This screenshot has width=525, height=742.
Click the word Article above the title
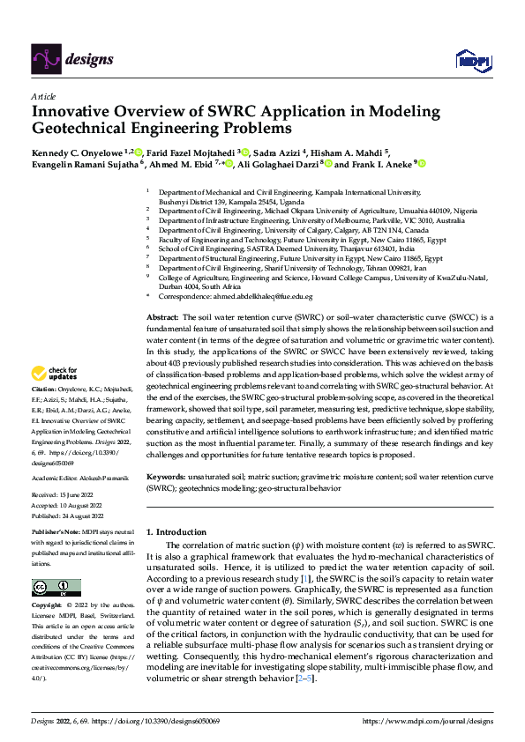click(43, 96)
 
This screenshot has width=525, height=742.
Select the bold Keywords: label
click(168, 476)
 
